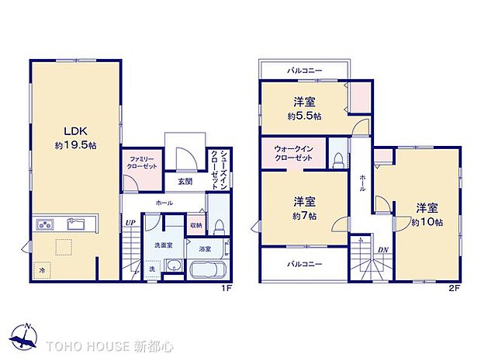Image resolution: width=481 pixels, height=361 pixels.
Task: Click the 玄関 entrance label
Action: click(185, 182)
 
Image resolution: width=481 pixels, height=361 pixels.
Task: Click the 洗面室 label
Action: click(162, 245)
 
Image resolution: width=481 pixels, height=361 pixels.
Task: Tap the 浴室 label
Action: click(203, 250)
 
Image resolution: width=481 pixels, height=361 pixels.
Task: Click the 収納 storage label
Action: click(196, 225)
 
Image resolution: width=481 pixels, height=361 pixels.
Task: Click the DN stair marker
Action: click(382, 249)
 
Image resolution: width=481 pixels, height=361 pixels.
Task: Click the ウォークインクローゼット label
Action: click(294, 153)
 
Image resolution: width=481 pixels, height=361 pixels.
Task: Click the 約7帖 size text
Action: click(303, 217)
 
